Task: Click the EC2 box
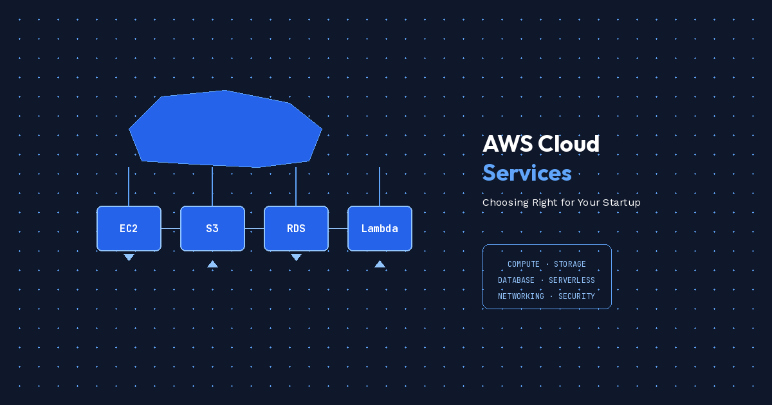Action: click(x=129, y=228)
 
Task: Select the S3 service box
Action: click(x=212, y=228)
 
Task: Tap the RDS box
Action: click(x=296, y=228)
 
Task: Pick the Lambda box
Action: click(x=380, y=228)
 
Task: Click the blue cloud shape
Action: click(x=225, y=129)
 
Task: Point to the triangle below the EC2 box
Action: click(x=129, y=257)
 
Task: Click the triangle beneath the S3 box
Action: click(x=212, y=264)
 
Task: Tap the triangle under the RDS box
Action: click(x=296, y=257)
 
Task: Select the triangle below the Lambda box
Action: click(x=380, y=264)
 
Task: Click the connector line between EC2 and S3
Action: click(x=170, y=228)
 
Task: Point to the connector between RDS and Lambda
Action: click(x=338, y=228)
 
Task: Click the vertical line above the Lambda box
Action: click(x=380, y=186)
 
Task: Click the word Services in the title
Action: click(x=527, y=172)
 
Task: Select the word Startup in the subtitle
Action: click(x=620, y=203)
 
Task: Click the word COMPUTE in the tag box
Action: click(x=524, y=264)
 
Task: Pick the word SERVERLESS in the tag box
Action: click(x=572, y=280)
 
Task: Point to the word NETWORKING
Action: click(x=521, y=296)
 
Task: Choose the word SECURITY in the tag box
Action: click(x=576, y=296)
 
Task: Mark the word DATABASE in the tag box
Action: click(x=516, y=280)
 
